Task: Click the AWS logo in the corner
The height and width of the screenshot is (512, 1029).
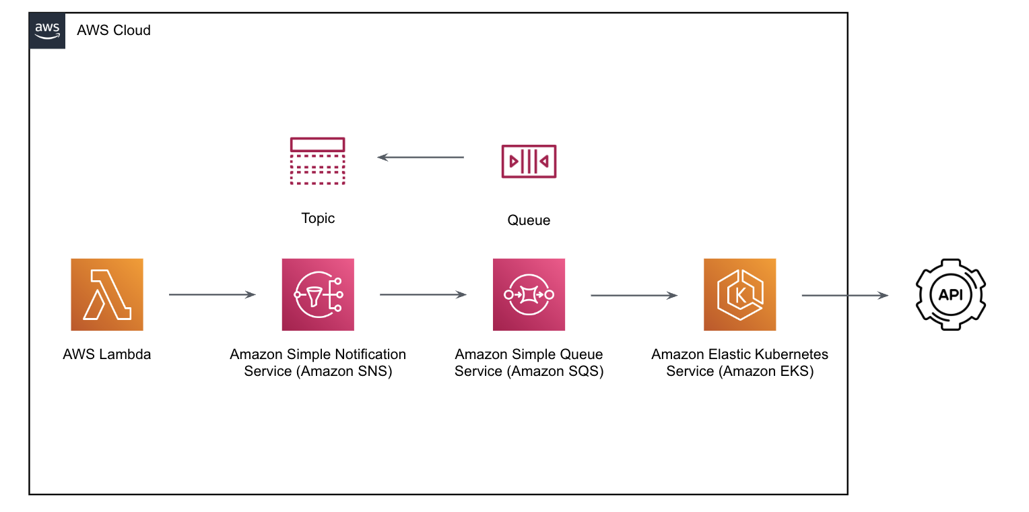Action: tap(47, 30)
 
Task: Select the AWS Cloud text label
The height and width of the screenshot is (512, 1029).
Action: tap(114, 30)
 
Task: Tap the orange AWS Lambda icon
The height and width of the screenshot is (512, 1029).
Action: tap(107, 294)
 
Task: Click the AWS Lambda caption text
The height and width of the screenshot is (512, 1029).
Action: tap(107, 354)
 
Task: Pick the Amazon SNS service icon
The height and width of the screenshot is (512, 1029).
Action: tap(318, 294)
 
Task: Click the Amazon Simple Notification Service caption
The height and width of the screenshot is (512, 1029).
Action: tap(318, 362)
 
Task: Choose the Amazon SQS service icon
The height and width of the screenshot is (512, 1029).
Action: tap(529, 294)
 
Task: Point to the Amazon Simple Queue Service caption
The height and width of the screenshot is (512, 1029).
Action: tap(529, 362)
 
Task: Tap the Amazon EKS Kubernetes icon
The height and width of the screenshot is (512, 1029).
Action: tap(739, 294)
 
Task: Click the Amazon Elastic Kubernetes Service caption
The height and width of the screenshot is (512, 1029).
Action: tap(739, 362)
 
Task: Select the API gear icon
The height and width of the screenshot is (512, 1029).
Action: tap(950, 294)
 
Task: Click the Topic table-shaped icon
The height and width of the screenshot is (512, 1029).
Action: tap(317, 161)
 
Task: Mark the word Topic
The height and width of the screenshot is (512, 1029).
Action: tap(318, 218)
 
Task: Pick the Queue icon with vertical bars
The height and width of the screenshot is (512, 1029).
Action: tap(529, 161)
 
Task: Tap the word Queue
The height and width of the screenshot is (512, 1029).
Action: tap(529, 220)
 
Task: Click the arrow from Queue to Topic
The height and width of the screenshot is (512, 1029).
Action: tap(421, 157)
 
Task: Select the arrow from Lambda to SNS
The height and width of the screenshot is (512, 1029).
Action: tap(212, 294)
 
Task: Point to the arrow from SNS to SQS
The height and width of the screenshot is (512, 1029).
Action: tap(423, 294)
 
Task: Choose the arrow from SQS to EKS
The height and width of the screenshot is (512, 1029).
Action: tap(634, 294)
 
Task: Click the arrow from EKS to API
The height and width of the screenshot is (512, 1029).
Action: tap(844, 295)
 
